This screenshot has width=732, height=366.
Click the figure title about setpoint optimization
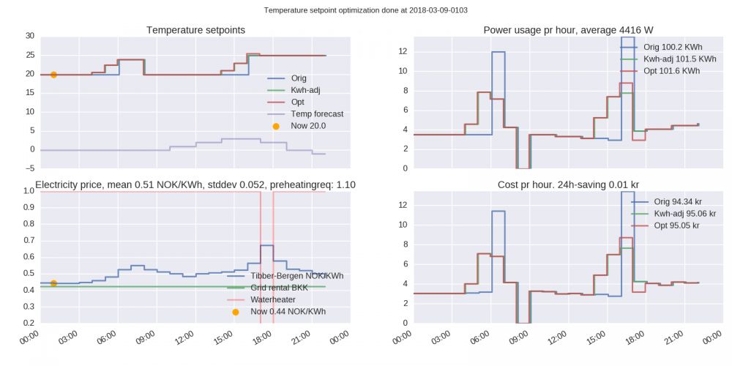(x=365, y=10)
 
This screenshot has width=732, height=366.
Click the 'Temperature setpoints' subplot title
(x=195, y=30)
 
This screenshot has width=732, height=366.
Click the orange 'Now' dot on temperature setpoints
(x=53, y=75)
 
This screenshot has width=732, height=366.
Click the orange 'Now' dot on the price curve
(x=53, y=283)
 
